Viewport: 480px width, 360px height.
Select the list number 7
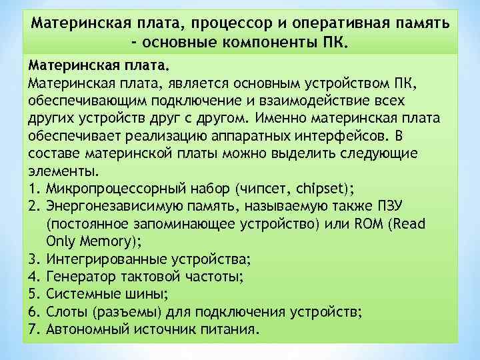[x=33, y=329]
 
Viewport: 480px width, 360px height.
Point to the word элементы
[x=56, y=169]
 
